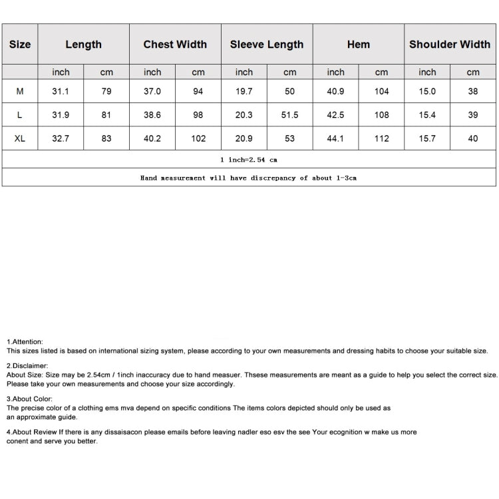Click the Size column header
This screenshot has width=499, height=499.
coord(20,45)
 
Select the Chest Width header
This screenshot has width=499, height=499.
coord(175,45)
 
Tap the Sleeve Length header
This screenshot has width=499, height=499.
coord(267,45)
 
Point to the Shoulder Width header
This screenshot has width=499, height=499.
coord(450,45)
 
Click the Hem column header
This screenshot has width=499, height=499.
coord(359,45)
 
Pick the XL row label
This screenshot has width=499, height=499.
coord(20,138)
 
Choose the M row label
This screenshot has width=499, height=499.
coord(20,91)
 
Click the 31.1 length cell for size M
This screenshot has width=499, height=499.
coord(61,91)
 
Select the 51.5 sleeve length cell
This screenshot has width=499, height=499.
coord(290,115)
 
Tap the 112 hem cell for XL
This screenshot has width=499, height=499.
coord(381,138)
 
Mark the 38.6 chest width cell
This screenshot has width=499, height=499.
coord(152,115)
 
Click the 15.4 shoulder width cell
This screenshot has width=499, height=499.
coord(427,115)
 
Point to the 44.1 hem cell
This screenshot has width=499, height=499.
coord(335,138)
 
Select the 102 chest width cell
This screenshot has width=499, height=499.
coord(198,138)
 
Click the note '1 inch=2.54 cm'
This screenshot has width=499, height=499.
coord(248,160)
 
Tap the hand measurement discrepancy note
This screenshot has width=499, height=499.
coord(248,178)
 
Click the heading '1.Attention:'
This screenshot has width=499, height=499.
coord(25,341)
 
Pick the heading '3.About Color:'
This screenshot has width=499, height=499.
coord(29,399)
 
